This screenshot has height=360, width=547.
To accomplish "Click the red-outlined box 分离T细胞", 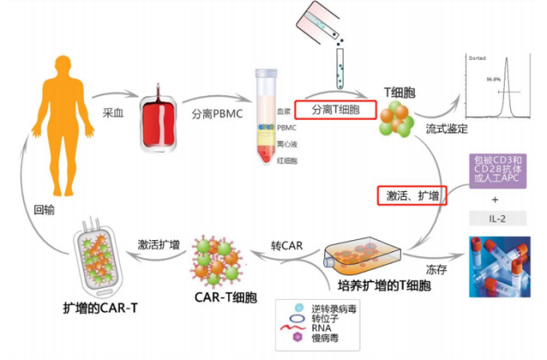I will point(335,110).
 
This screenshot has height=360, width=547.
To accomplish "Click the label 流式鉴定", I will point(449,128).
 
